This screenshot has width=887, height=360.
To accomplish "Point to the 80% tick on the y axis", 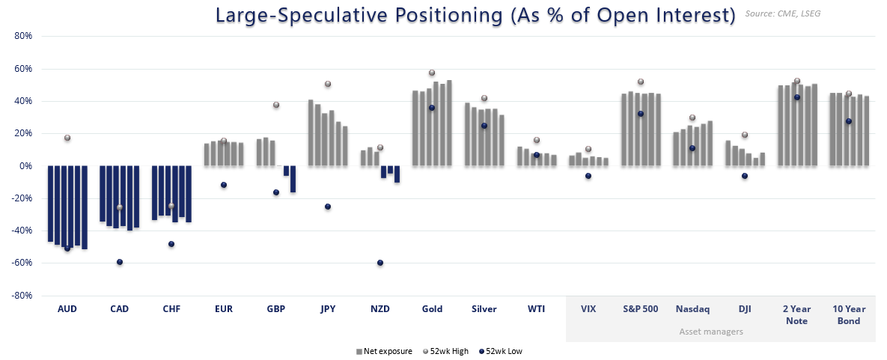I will [x=22, y=36].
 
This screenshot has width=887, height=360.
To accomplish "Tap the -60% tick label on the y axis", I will [x=21, y=263].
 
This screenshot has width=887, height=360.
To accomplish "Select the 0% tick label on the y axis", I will [x=25, y=166].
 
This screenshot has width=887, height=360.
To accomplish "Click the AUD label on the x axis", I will [x=67, y=308].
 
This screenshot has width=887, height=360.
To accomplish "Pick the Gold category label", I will [x=432, y=308].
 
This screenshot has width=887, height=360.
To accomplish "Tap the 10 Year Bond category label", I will [x=849, y=314].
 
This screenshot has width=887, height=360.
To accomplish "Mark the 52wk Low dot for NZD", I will [x=380, y=263].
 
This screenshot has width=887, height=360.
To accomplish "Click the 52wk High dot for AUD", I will [x=67, y=138].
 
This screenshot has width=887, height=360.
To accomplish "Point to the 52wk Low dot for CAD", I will [x=120, y=262].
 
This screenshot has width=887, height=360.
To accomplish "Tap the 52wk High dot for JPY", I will [x=328, y=84].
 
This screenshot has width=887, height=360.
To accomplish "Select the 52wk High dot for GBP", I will [x=276, y=105].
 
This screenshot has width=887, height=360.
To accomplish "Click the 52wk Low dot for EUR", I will [x=224, y=185].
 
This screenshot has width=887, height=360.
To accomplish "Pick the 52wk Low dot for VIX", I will [x=588, y=176].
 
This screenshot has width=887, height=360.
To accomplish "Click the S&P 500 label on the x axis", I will [x=641, y=308].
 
